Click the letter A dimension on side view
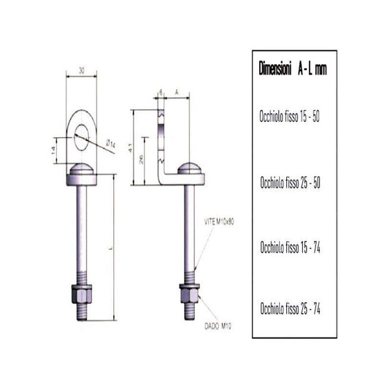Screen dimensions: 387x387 [x=177, y=92]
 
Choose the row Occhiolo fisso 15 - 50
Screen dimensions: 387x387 [x=290, y=115]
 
